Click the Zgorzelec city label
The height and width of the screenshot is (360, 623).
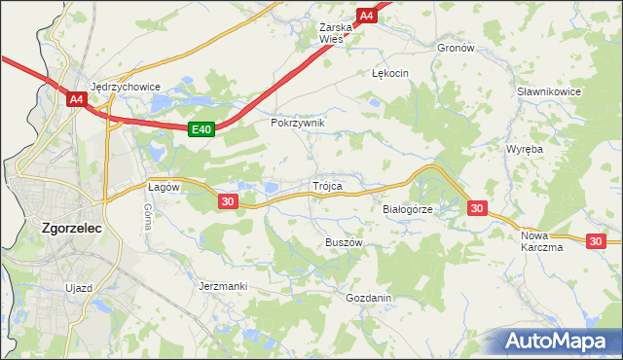point(73,229)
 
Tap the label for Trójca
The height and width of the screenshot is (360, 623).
point(326,185)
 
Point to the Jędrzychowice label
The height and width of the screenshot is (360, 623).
point(125,86)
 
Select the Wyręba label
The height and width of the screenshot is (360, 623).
point(524,149)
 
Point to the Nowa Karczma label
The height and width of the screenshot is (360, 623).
point(542,241)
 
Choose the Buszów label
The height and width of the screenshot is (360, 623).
point(344,241)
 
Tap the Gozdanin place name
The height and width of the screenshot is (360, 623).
point(368,298)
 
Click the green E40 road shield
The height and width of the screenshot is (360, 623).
point(201,128)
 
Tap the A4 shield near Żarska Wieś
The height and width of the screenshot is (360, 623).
point(366,16)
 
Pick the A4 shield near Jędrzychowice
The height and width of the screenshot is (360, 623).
point(77,98)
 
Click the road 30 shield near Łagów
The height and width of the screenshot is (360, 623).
point(228,200)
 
